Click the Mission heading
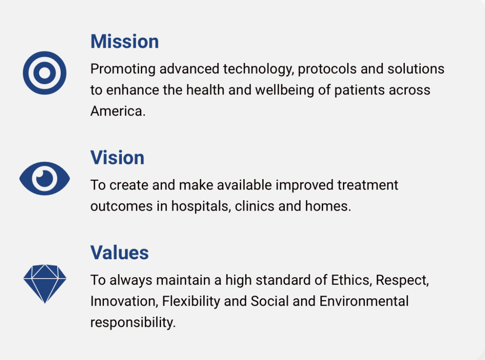coord(125,41)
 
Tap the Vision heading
coord(117,157)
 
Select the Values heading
coord(119,252)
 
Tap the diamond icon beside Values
coord(45,284)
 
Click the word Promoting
coord(123,69)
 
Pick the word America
coord(117,111)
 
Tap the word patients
coord(359,90)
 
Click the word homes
coord(328,206)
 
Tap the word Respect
coord(402,280)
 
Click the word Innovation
coord(124,301)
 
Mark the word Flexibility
coord(191,301)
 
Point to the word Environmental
coord(364,301)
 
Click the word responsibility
coord(133,323)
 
